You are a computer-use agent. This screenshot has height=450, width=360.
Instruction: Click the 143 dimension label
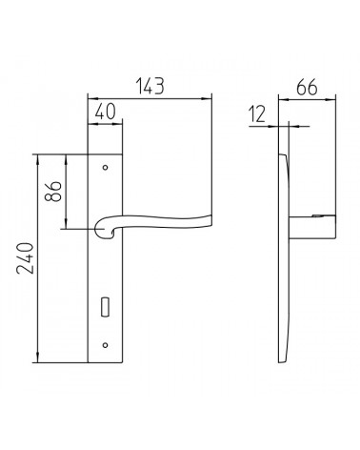[x=150, y=86]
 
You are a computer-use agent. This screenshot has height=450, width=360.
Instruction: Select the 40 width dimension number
[x=105, y=112]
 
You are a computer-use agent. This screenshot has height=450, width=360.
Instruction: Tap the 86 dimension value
[x=52, y=192]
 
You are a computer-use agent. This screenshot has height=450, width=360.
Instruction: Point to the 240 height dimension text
[x=25, y=258]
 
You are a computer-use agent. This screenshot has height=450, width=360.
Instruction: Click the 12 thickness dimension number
[x=257, y=114]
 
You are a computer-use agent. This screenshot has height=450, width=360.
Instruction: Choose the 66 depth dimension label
[x=307, y=87]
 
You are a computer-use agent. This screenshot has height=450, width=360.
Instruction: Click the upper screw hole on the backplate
[x=106, y=168]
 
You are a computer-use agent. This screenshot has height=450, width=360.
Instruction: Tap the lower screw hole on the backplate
[x=106, y=345]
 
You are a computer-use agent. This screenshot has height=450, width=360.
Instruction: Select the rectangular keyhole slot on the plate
[x=105, y=307]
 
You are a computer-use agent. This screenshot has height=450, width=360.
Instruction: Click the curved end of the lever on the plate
[x=103, y=230]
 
